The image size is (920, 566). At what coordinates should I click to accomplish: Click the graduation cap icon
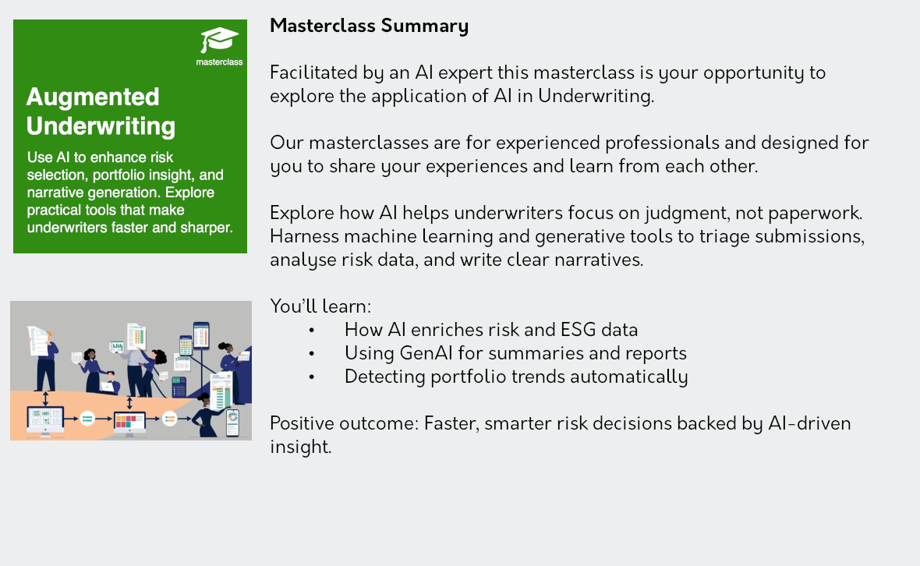coord(219,40)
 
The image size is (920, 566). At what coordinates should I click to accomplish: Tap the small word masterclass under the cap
coord(219,62)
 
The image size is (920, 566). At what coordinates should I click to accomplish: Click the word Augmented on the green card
coord(93,97)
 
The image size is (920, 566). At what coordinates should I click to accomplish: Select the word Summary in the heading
coord(425,27)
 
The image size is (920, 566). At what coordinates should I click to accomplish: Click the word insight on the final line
coord(300,447)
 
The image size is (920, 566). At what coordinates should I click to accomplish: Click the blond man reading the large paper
coord(44,358)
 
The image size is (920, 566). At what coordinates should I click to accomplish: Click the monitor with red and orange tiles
coord(129,423)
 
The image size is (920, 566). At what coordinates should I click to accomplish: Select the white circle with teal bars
coord(87,418)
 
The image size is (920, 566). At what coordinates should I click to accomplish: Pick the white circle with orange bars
coord(169,418)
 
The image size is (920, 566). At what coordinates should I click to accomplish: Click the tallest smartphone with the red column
coord(201,335)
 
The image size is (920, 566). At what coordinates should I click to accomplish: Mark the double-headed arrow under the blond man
coord(46,399)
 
